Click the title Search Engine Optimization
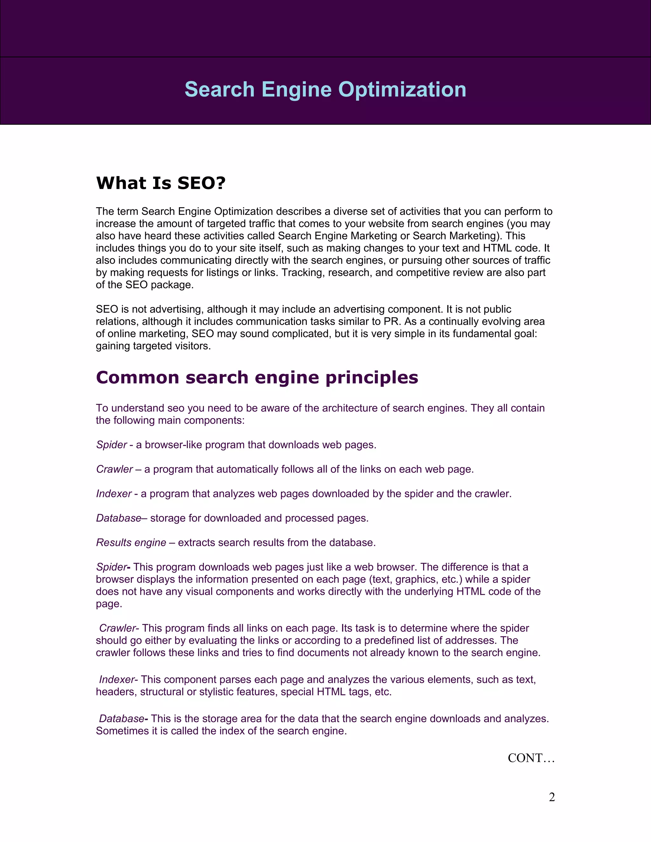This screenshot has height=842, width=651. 325,90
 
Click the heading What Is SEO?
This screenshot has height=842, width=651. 161,183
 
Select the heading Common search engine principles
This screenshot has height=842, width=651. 257,377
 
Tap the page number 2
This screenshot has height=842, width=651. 552,797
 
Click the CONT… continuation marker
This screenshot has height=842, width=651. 531,758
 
